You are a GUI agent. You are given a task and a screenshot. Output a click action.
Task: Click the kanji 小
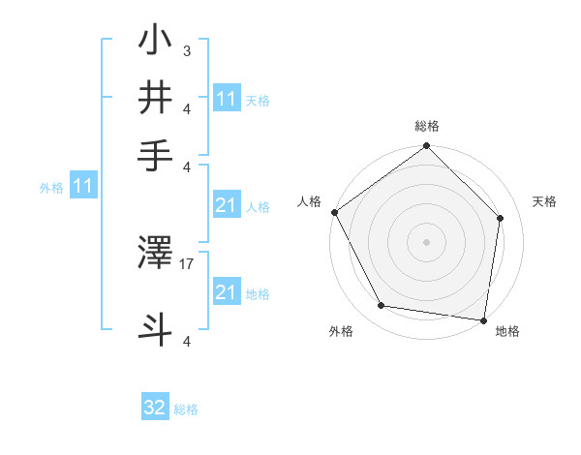pyautogui.click(x=156, y=44)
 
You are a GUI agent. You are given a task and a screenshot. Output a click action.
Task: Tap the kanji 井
pyautogui.click(x=156, y=99)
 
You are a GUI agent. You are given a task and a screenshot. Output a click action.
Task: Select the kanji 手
pyautogui.click(x=156, y=155)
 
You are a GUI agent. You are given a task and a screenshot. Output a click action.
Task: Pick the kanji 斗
pyautogui.click(x=156, y=325)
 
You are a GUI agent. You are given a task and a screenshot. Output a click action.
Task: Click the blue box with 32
pyautogui.click(x=155, y=408)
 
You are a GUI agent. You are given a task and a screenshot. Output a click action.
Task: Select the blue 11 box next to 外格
pyautogui.click(x=82, y=187)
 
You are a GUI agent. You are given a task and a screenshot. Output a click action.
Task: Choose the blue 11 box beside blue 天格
pyautogui.click(x=226, y=98)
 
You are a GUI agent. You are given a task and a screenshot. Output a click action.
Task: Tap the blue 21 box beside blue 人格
pyautogui.click(x=226, y=205)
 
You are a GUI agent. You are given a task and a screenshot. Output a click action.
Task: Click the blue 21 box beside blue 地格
pyautogui.click(x=226, y=291)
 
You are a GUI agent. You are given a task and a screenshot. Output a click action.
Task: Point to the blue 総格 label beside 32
pyautogui.click(x=186, y=409)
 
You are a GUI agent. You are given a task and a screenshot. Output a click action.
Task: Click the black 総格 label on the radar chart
pyautogui.click(x=426, y=125)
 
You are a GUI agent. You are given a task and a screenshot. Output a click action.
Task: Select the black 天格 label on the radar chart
pyautogui.click(x=544, y=201)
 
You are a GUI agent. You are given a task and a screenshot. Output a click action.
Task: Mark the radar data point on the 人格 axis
pyautogui.click(x=334, y=212)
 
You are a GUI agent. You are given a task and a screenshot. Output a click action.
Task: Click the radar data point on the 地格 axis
pyautogui.click(x=483, y=319)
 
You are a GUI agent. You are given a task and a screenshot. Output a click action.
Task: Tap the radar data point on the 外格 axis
pyautogui.click(x=382, y=306)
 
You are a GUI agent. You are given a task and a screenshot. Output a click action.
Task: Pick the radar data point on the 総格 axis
pyautogui.click(x=426, y=146)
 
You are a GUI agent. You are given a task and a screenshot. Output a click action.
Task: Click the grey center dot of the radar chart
pyautogui.click(x=426, y=241)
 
